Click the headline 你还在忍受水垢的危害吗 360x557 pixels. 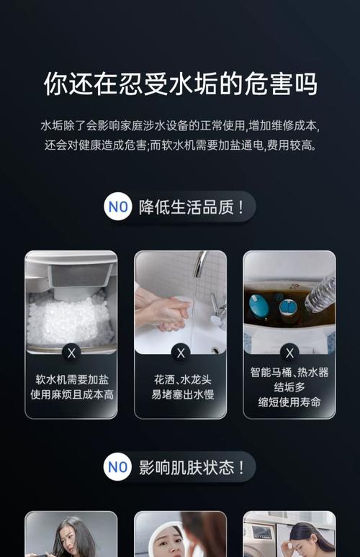[180, 84]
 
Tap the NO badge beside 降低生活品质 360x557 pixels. [118, 207]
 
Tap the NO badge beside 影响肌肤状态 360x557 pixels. [118, 467]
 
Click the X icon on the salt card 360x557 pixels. [71, 353]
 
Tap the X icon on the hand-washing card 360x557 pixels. [180, 353]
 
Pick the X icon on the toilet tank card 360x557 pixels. [289, 353]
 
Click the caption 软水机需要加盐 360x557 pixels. [71, 379]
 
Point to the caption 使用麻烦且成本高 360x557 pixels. [71, 394]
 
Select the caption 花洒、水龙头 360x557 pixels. [180, 379]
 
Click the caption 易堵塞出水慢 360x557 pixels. [180, 394]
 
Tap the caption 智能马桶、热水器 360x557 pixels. [289, 372]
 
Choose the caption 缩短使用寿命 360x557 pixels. [289, 402]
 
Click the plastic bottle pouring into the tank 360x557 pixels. [320, 294]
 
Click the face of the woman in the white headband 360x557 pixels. [168, 540]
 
